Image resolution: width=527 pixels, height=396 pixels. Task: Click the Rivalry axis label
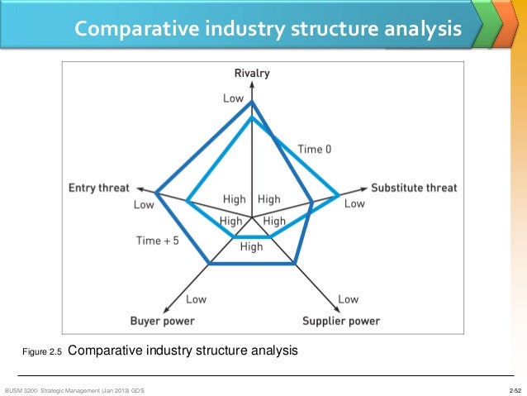click(x=252, y=74)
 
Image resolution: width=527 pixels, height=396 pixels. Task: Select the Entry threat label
click(x=99, y=188)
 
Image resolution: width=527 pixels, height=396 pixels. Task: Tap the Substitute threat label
click(x=414, y=188)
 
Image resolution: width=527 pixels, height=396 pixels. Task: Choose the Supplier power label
click(x=341, y=321)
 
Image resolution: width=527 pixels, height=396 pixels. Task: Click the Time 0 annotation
click(x=315, y=150)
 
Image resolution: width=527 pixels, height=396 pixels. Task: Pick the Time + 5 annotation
click(x=157, y=241)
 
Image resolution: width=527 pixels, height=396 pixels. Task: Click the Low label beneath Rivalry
click(x=233, y=98)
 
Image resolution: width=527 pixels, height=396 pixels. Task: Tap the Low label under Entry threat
click(x=144, y=204)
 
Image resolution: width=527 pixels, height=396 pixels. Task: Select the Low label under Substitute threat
click(x=354, y=203)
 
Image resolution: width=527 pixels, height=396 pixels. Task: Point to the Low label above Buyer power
click(x=197, y=299)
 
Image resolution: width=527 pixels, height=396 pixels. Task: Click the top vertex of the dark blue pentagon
click(x=252, y=101)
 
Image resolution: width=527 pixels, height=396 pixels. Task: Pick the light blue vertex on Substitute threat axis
click(x=338, y=196)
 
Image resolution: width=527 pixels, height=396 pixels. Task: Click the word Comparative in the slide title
click(x=137, y=30)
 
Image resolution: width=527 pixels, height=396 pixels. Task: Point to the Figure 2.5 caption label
click(x=42, y=352)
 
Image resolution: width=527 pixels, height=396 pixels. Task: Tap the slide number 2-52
click(x=515, y=389)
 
